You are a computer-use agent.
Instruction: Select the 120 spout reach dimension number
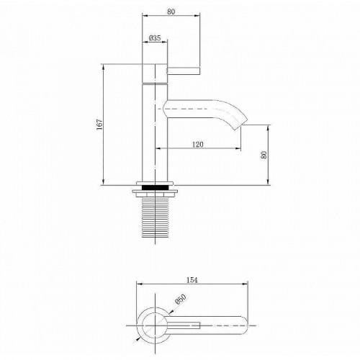pos(198,145)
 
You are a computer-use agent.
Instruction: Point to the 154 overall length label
pos(192,280)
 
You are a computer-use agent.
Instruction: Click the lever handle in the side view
pos(183,71)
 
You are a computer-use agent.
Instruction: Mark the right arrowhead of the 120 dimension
pos(239,150)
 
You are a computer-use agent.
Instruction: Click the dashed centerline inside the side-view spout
pos(194,109)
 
